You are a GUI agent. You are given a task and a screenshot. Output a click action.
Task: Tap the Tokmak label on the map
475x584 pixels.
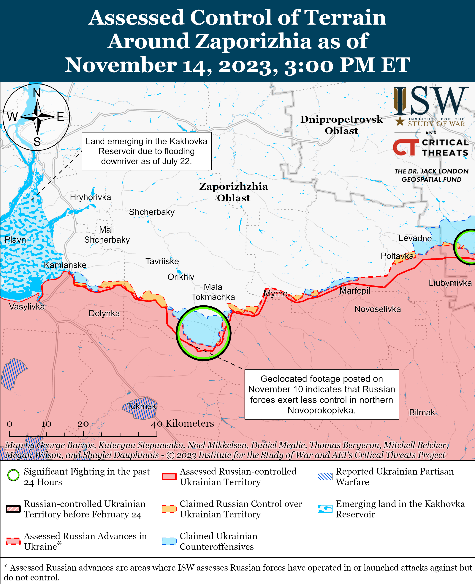pos(141,406)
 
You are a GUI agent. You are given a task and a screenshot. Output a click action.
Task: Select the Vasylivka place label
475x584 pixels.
pos(27,307)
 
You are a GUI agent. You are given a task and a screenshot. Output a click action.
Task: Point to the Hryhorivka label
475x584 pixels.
pos(90,197)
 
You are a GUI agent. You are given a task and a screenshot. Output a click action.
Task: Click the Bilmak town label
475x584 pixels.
pos(422,412)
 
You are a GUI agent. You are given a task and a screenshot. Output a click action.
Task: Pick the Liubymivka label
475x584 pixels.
pos(450,283)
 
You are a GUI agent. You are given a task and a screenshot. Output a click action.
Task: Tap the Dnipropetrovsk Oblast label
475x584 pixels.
pos(341,125)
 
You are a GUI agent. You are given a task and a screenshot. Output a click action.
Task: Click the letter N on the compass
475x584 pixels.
pos(37,93)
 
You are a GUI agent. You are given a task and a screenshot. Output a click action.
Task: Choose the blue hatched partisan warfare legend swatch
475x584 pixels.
pos(325,477)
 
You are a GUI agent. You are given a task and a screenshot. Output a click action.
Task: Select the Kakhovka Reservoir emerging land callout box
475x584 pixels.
pos(147,151)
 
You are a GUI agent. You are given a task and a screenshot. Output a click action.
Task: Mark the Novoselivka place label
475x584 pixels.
pos(377,309)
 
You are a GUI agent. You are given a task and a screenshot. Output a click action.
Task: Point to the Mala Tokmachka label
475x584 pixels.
pos(213,292)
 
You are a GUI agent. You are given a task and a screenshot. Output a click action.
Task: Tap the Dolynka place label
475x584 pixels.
pos(104,313)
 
